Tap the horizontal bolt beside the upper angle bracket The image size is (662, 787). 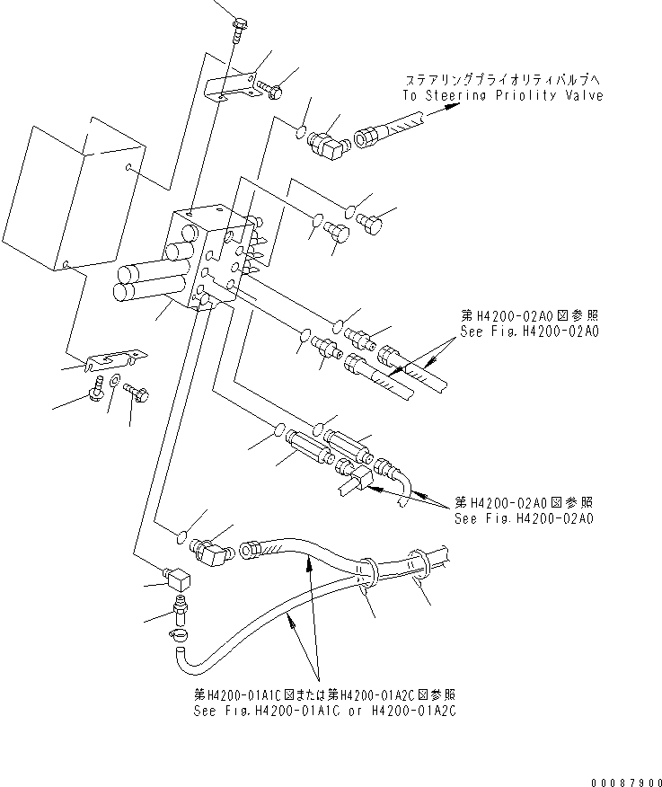pyautogui.click(x=269, y=89)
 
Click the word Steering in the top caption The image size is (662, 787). pyautogui.click(x=455, y=95)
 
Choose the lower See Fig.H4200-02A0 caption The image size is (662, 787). pyautogui.click(x=525, y=518)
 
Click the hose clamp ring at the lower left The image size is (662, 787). pyautogui.click(x=178, y=635)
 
